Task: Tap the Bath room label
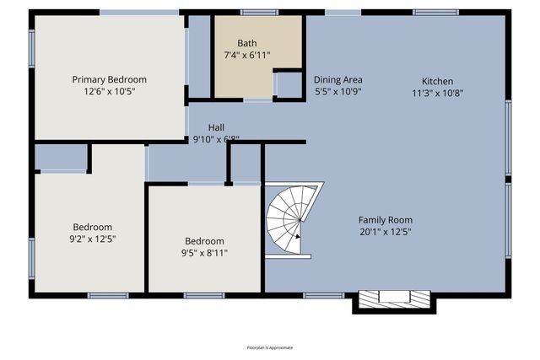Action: click(247, 43)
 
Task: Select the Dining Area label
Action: click(337, 80)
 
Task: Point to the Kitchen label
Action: click(437, 81)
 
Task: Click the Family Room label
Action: click(385, 219)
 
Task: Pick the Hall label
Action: click(216, 128)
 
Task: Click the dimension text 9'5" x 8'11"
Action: click(204, 252)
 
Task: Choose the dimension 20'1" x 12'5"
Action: click(385, 231)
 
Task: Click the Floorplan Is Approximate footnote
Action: click(270, 347)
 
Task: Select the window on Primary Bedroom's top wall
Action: click(139, 13)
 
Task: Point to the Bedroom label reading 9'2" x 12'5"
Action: click(92, 227)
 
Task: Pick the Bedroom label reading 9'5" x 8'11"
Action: click(204, 240)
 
